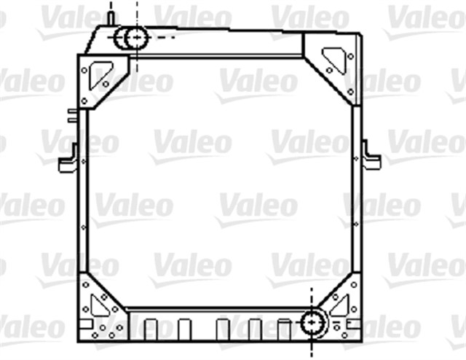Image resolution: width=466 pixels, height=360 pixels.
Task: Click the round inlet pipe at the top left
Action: pyautogui.click(x=134, y=36)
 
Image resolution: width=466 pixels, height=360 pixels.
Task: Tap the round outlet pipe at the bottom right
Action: pyautogui.click(x=313, y=321)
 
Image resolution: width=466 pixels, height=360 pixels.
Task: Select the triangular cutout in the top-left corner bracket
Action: pyautogui.click(x=102, y=73)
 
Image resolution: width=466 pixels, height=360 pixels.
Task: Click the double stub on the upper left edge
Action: pyautogui.click(x=72, y=115)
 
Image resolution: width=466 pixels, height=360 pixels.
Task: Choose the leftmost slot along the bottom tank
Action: pyautogui.click(x=151, y=329)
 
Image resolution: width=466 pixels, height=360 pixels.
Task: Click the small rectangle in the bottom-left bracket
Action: pyautogui.click(x=86, y=323)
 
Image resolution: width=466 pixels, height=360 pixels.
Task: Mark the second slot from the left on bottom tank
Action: pyautogui.click(x=185, y=329)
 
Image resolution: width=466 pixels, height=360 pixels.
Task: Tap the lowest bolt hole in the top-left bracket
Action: pyautogui.click(x=84, y=101)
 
